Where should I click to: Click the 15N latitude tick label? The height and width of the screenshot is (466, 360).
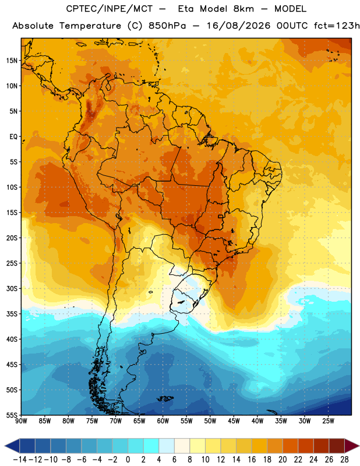click(x=12, y=61)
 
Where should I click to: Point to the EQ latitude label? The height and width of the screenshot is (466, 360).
click(x=13, y=137)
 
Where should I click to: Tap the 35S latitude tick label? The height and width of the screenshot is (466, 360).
click(x=12, y=314)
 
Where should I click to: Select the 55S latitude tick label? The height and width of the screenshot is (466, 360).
click(x=12, y=415)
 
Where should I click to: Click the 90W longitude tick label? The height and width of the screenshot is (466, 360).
click(x=21, y=421)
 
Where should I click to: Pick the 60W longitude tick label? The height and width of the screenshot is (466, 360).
click(x=163, y=421)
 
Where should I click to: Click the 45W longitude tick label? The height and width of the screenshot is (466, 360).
click(x=234, y=421)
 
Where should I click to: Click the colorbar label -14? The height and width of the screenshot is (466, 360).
click(x=20, y=460)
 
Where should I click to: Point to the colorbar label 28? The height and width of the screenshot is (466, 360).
click(x=344, y=460)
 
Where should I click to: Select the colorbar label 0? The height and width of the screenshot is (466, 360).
click(x=128, y=460)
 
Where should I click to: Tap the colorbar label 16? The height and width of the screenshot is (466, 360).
click(x=252, y=460)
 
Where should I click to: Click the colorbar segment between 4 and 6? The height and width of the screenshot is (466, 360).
click(x=167, y=446)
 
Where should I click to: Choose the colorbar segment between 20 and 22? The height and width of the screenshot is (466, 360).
click(x=290, y=446)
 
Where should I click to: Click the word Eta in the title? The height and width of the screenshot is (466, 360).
click(x=186, y=9)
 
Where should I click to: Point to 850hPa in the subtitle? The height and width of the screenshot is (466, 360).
click(x=167, y=26)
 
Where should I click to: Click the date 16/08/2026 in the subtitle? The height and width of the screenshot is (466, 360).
click(x=239, y=26)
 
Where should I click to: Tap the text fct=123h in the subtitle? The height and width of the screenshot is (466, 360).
click(x=337, y=26)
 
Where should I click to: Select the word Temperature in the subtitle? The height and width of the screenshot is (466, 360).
click(x=90, y=26)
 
